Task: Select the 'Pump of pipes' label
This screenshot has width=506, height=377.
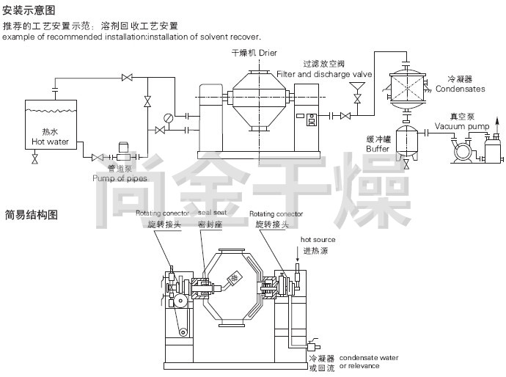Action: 120,177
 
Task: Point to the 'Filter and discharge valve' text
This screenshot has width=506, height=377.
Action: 325,74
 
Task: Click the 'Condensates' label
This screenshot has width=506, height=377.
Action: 460,89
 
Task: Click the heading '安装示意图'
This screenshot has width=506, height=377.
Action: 29,10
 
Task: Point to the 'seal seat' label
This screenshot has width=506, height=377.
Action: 213,213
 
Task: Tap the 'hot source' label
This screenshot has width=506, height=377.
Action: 318,240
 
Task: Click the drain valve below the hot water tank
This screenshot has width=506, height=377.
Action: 34,158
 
